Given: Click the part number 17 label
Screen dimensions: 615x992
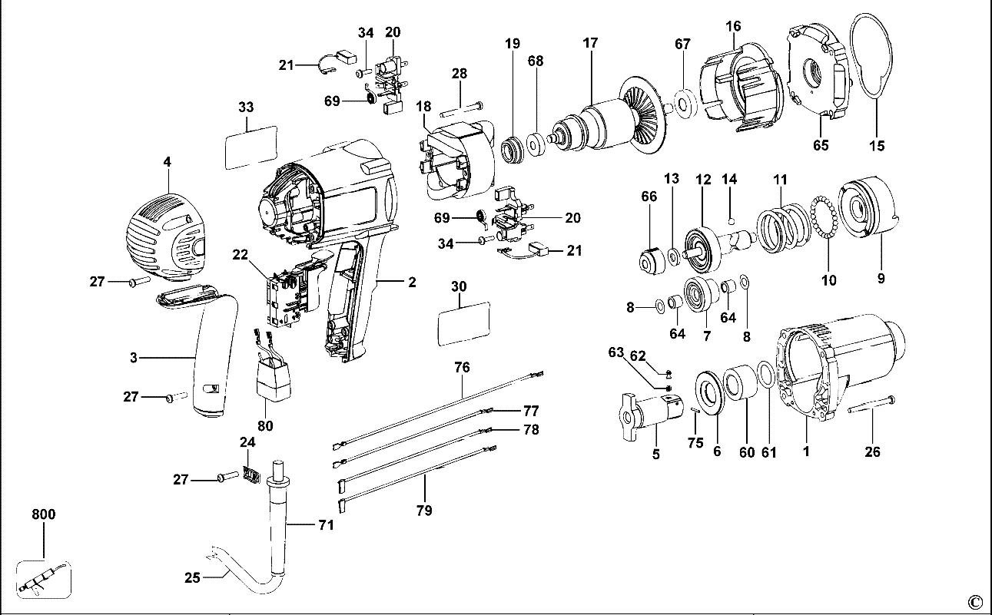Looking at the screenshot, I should coord(589,43).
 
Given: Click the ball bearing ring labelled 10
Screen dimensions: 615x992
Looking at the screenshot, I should coord(826,227).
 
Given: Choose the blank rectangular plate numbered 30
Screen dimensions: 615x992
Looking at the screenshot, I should coord(463,323).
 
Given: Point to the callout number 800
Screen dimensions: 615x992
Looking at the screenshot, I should coord(44,514).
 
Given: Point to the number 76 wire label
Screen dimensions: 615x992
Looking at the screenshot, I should coord(462,368).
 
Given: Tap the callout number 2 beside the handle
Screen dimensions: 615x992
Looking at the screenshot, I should coord(412,283).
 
